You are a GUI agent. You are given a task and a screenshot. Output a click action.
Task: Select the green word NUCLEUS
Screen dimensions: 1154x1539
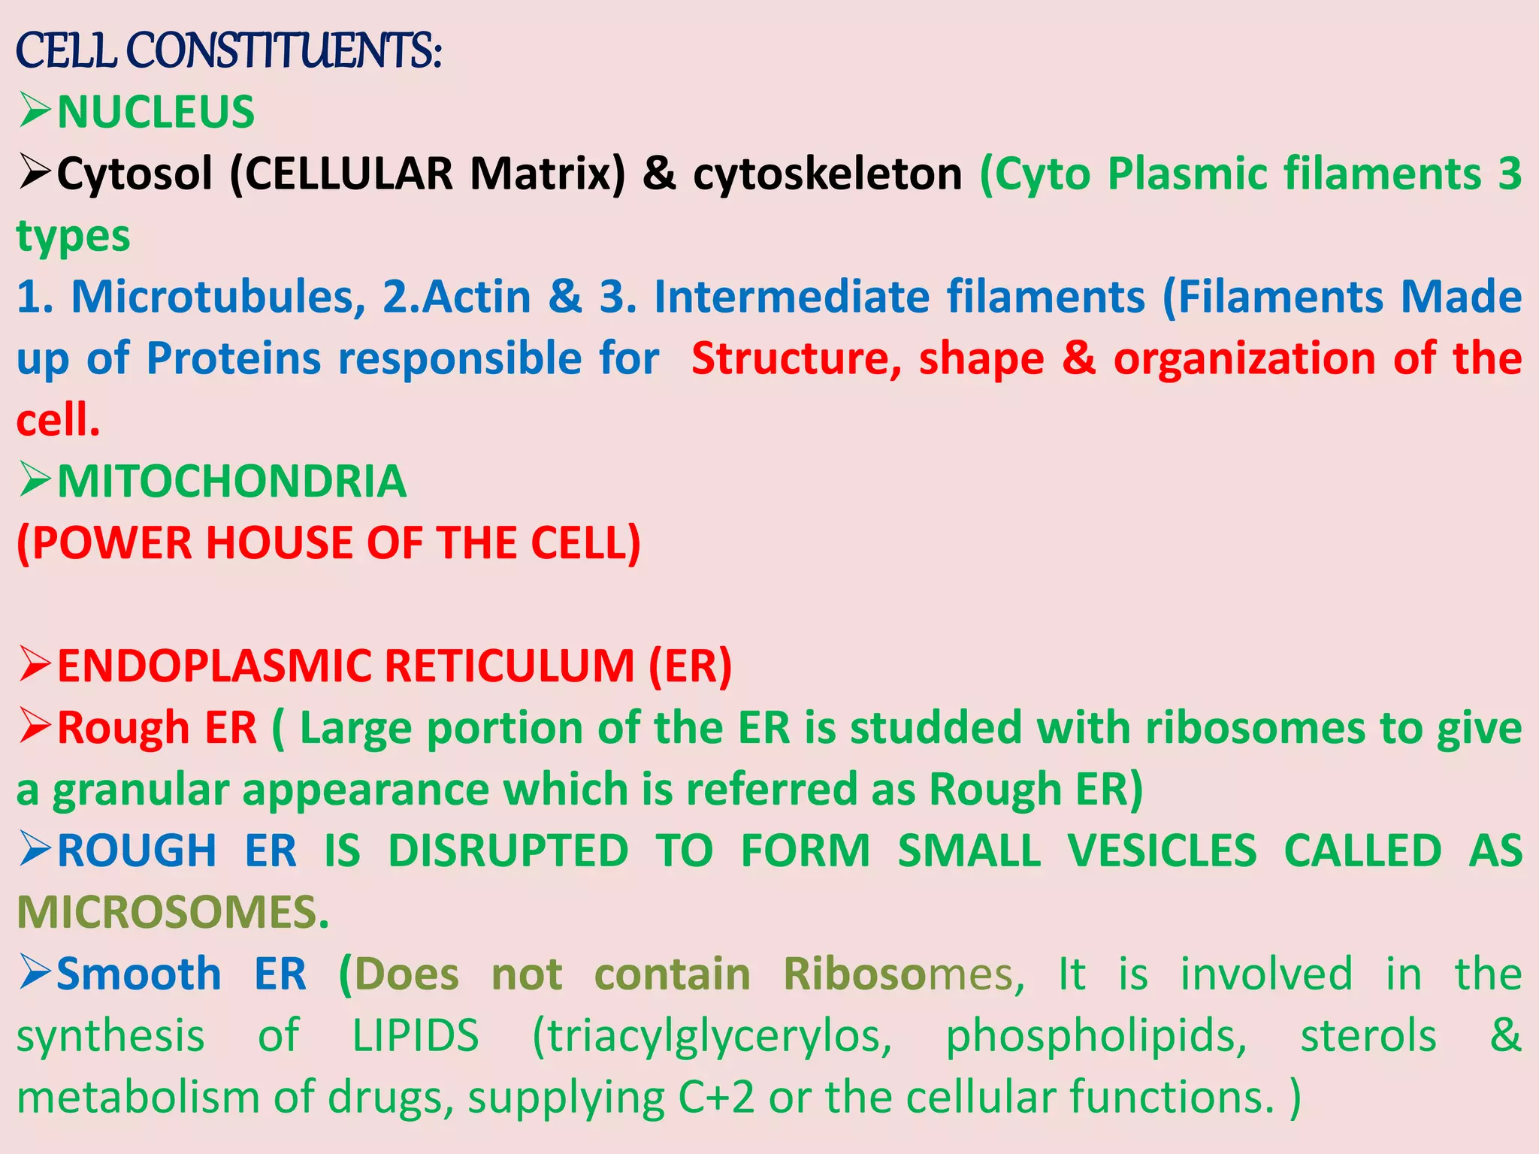tap(156, 113)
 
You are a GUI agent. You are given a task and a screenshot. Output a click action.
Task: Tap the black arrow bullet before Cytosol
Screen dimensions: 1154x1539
tap(35, 173)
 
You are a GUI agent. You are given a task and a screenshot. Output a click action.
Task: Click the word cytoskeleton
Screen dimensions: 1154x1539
tap(827, 174)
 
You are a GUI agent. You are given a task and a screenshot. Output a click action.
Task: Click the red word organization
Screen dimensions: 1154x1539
tap(1244, 358)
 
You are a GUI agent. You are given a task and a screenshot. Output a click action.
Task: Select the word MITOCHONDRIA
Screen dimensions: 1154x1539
tap(231, 482)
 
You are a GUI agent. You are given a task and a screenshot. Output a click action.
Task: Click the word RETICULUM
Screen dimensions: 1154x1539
tap(511, 666)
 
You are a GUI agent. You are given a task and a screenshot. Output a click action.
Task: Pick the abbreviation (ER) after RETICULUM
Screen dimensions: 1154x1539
tap(690, 666)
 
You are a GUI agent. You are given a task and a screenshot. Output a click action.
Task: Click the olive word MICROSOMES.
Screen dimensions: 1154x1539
tap(173, 913)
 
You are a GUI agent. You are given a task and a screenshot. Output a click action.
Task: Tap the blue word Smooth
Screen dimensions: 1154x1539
tap(139, 974)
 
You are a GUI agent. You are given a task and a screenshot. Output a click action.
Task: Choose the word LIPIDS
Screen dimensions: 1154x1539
tap(415, 1036)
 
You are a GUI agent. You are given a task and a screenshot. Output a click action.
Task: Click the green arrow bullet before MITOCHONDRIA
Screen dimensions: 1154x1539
tap(35, 481)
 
